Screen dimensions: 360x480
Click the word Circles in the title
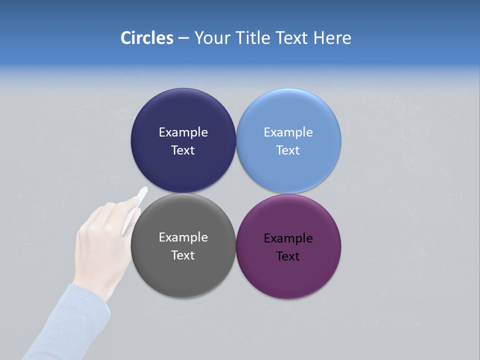(146, 38)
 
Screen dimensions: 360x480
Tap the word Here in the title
(332, 38)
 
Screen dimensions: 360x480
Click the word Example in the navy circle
(183, 132)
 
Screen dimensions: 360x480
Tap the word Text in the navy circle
(183, 150)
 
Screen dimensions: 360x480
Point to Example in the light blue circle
(288, 132)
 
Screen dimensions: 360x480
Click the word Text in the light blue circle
(288, 150)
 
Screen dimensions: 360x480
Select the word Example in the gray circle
(183, 237)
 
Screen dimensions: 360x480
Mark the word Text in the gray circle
(183, 255)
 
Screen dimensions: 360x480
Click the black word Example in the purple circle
(288, 238)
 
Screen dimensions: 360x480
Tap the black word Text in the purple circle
(288, 256)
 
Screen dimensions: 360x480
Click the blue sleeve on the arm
(75, 320)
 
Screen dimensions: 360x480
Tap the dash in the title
(183, 38)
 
